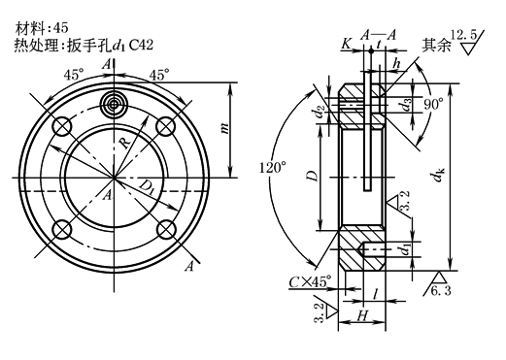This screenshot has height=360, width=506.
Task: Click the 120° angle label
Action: tap(273, 168)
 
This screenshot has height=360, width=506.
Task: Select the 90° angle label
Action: tap(433, 105)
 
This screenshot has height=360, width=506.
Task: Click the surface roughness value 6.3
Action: tap(441, 291)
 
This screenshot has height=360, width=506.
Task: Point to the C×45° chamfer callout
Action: tap(310, 281)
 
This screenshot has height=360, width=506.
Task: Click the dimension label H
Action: tap(362, 315)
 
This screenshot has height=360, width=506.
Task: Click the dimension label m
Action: tap(224, 128)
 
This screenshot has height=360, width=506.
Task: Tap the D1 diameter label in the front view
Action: tap(147, 188)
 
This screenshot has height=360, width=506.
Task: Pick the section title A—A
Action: tap(378, 35)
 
